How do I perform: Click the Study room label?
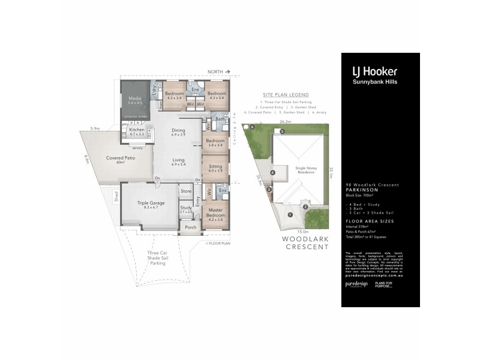pyautogui.click(x=186, y=209)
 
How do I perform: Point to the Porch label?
pyautogui.click(x=190, y=227)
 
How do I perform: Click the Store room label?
pyautogui.click(x=185, y=191)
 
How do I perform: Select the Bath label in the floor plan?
pyautogui.click(x=220, y=119)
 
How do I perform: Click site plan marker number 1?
pyautogui.click(x=290, y=214)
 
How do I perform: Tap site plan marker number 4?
pyautogui.click(x=272, y=173)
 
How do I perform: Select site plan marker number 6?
pyautogui.click(x=253, y=127)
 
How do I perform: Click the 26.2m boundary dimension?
pyautogui.click(x=284, y=122)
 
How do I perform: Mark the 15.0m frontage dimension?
pyautogui.click(x=302, y=231)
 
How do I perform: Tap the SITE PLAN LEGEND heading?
pyautogui.click(x=286, y=95)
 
